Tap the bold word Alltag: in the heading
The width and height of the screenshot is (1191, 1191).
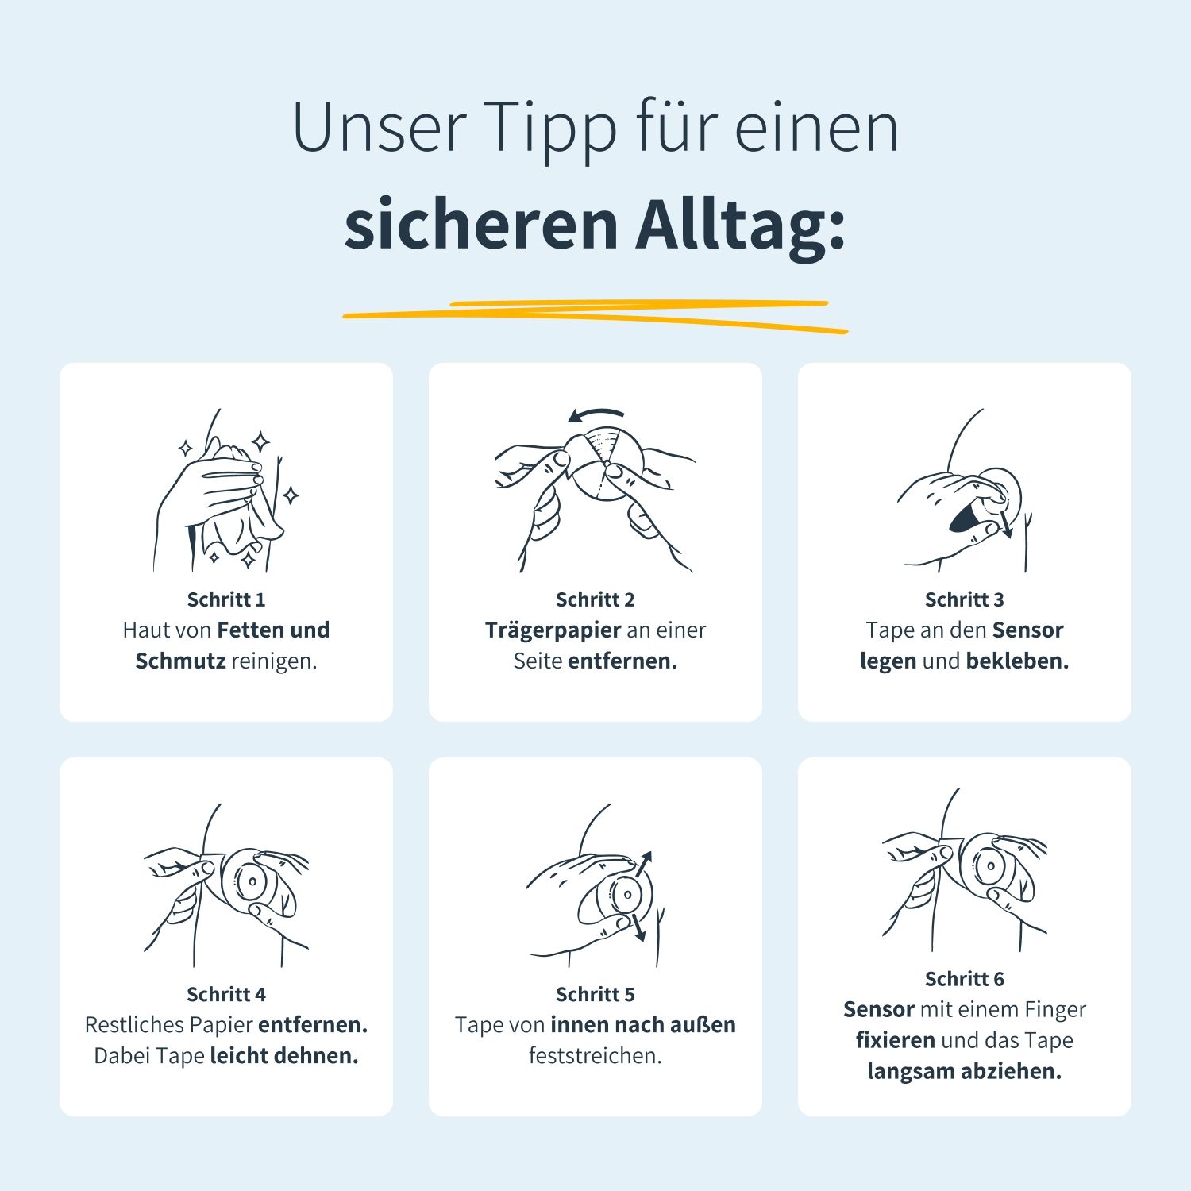(x=740, y=225)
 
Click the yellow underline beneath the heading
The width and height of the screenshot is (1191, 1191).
(x=595, y=314)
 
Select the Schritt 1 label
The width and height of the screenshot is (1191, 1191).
(x=226, y=599)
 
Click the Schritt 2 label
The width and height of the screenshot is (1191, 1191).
(x=595, y=599)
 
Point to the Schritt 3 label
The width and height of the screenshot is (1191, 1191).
(x=964, y=599)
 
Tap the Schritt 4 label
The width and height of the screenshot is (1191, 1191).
(x=226, y=994)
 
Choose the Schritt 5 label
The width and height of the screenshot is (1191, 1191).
(x=595, y=994)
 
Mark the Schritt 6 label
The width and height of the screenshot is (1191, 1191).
(x=964, y=979)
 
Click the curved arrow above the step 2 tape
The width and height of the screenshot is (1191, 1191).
(x=597, y=414)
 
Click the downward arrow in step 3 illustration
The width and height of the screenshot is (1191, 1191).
(x=1006, y=524)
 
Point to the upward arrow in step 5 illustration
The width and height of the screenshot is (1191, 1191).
(x=643, y=863)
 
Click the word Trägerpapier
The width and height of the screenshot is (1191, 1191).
(x=553, y=630)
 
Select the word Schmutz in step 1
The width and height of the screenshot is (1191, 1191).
(x=180, y=661)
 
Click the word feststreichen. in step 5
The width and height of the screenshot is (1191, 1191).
(x=595, y=1055)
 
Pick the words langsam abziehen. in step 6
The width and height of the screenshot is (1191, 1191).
(x=964, y=1071)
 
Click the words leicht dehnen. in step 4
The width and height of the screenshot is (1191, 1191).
(x=284, y=1055)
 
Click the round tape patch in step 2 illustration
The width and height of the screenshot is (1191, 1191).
(x=607, y=464)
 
